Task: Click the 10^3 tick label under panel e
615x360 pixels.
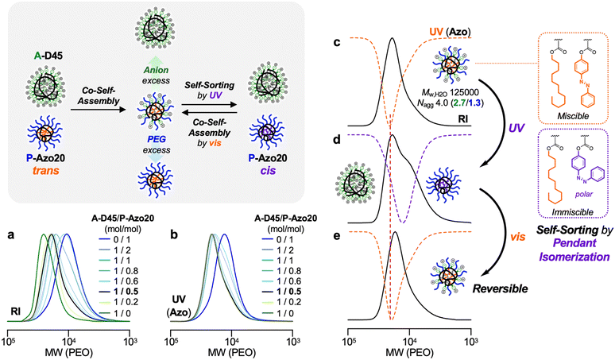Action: [x=469, y=337]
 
